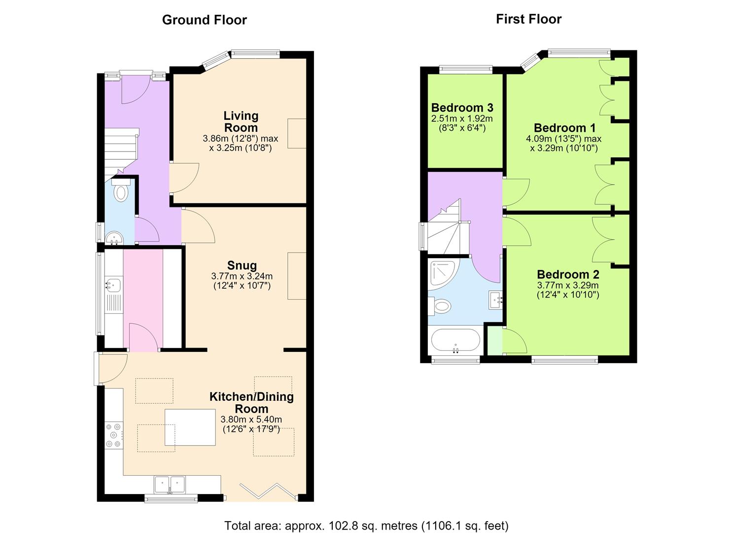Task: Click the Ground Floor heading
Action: (204, 20)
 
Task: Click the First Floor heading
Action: (528, 19)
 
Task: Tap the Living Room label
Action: (241, 121)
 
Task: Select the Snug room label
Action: (242, 265)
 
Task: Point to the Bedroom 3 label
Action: (462, 107)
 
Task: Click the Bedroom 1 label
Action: (565, 128)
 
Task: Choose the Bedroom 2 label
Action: (568, 274)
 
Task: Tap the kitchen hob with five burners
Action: (114, 435)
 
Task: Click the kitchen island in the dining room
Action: (190, 427)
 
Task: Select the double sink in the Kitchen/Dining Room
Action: (170, 485)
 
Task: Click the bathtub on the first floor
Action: (455, 341)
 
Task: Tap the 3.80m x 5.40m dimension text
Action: (251, 419)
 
